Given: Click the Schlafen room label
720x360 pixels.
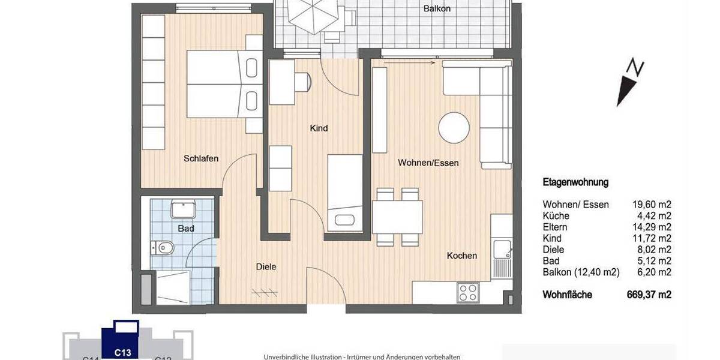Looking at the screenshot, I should (201, 158).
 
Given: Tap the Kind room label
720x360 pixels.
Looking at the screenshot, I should (319, 128).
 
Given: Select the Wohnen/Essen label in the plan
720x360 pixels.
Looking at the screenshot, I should (428, 163).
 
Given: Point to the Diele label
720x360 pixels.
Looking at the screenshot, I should (266, 266).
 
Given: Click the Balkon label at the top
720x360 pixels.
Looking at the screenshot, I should (437, 8).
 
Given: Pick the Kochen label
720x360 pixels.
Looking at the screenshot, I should (462, 256).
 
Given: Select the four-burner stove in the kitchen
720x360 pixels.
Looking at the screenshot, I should (467, 292).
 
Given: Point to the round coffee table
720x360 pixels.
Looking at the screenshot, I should (454, 127).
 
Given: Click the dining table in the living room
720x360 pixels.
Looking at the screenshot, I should (397, 217).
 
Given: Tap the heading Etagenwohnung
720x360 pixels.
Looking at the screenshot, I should (575, 182).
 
